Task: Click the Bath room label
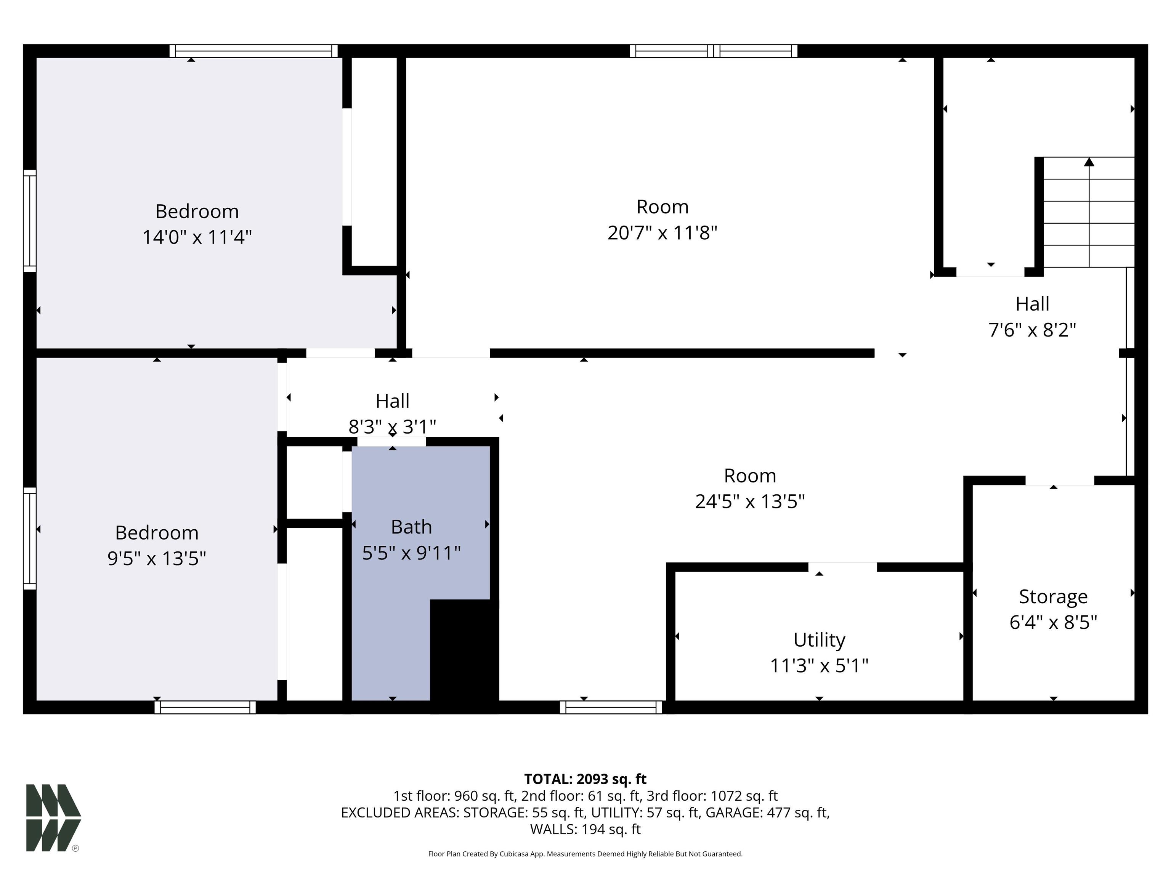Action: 411,527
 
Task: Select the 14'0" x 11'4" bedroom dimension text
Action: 197,237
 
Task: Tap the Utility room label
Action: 819,640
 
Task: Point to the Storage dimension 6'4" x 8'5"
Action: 1053,622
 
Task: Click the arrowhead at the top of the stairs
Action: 1089,162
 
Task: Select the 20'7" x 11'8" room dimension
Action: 662,232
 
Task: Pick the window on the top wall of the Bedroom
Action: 253,51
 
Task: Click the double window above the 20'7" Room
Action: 713,51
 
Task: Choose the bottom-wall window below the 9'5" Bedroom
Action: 205,707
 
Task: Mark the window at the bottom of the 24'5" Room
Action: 611,707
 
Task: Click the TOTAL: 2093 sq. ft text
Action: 585,779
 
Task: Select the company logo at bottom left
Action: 53,818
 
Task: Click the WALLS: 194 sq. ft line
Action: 585,829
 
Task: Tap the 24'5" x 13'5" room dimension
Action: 750,501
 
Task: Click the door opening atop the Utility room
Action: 842,567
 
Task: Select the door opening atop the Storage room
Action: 1059,481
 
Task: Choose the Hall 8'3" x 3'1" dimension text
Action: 392,426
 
